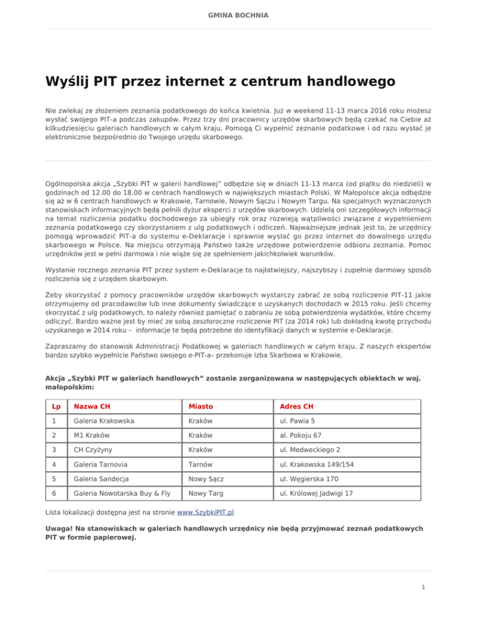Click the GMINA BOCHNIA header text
[238, 14]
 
